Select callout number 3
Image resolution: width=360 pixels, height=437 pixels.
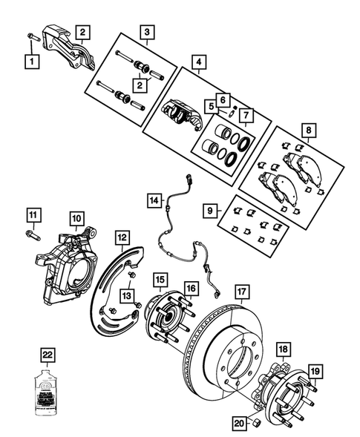pos(148,31)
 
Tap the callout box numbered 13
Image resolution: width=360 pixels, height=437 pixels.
pos(131,297)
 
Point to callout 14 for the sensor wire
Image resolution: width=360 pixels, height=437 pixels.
pos(154,200)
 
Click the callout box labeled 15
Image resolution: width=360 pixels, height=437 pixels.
pos(160,280)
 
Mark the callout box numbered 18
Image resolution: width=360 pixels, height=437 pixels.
pos(283,349)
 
